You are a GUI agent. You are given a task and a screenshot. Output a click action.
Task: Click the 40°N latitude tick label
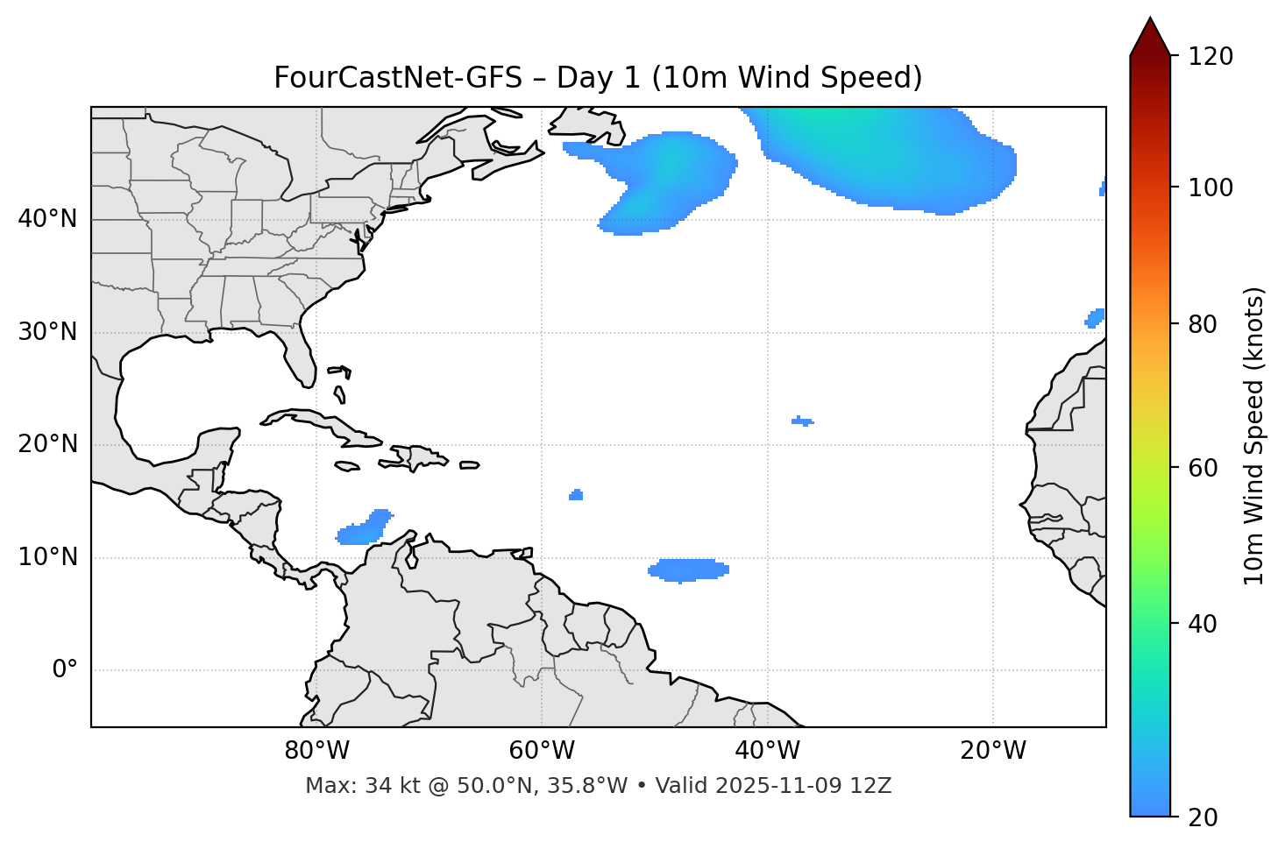47,219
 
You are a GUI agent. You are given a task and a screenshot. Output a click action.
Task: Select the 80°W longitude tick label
316,751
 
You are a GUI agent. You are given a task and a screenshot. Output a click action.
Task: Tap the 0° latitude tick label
65,670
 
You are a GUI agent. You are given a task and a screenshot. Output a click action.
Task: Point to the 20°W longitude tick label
993,751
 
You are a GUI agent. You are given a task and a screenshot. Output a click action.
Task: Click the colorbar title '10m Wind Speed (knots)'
1254,435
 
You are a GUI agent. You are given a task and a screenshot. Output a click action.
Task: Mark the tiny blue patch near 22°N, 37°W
802,421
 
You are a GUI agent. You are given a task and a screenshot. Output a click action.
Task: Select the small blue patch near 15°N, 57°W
576,495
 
